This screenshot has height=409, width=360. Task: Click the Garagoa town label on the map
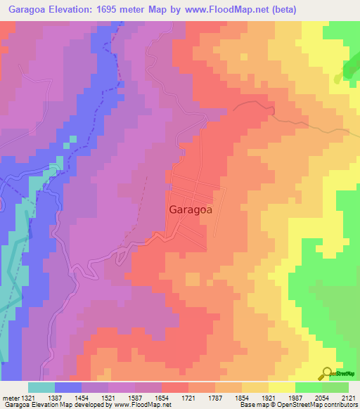191,209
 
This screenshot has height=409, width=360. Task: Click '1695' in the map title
120,9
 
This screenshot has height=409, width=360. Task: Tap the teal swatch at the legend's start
41,387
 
